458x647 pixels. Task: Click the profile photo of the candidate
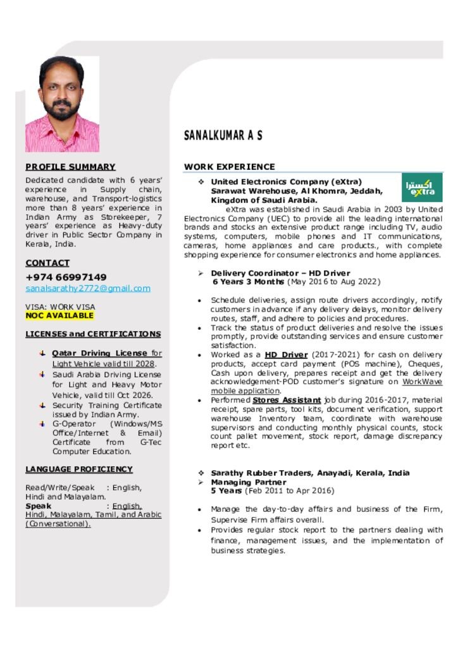(62, 104)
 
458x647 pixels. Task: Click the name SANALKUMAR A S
(223, 136)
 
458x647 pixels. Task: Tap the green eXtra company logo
(422, 188)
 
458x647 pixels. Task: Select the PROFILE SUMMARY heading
(70, 167)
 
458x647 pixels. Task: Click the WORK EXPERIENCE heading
(230, 167)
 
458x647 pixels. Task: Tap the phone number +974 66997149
(66, 277)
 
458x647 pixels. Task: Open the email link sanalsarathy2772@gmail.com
(88, 288)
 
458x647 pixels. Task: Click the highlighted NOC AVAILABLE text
(59, 315)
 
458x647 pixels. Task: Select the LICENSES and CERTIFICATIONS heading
(93, 334)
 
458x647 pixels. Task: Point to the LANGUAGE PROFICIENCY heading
(79, 469)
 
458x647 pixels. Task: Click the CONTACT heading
(47, 263)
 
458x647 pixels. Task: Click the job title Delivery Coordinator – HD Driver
(280, 273)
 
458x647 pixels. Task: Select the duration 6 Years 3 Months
(248, 282)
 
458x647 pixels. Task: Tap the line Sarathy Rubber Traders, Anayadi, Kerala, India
(310, 473)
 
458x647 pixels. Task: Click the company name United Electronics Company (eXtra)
(286, 182)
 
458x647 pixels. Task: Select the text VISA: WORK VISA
(60, 306)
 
